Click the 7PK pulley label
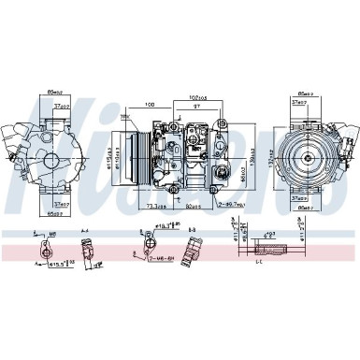124,117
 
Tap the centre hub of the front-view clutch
302,153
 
